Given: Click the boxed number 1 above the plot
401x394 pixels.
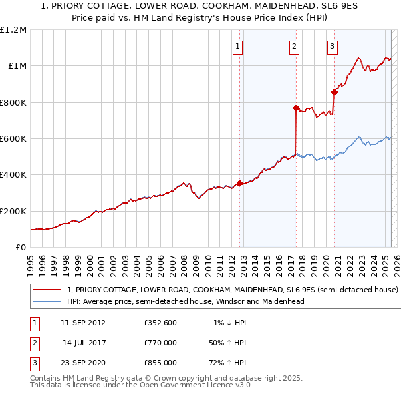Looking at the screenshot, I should [239, 47].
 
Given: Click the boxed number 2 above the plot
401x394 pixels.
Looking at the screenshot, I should [295, 47].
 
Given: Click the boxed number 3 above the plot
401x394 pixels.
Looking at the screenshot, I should [332, 47].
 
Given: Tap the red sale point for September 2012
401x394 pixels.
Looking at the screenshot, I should [239, 183].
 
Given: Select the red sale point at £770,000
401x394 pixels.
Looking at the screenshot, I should [295, 107].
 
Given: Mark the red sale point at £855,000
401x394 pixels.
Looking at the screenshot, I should [334, 92].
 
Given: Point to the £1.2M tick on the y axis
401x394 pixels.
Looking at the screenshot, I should [13, 30].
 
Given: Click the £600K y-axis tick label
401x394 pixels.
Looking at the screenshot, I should [13, 139].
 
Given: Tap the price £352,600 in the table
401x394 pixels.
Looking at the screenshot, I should [160, 323].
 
